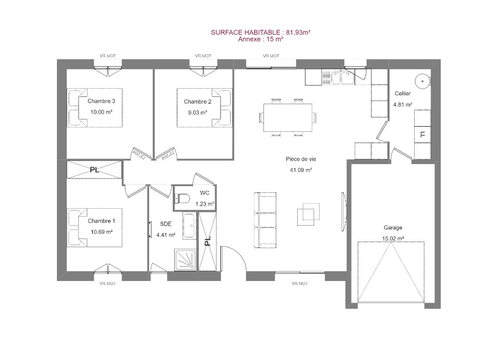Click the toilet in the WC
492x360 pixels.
[x=182, y=198]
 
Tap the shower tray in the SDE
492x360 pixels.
[x=186, y=259]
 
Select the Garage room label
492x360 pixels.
[x=393, y=228]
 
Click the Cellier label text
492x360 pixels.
[x=403, y=93]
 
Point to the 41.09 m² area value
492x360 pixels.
[x=301, y=170]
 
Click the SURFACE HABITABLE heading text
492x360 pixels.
[x=245, y=32]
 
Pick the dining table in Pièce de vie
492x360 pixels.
[x=288, y=117]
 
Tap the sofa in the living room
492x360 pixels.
[x=265, y=220]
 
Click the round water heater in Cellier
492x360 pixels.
[x=422, y=82]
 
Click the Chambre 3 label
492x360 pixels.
[x=101, y=101]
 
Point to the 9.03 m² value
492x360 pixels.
[x=197, y=113]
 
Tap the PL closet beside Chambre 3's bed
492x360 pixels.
[x=94, y=170]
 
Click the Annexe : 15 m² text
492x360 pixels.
[x=260, y=39]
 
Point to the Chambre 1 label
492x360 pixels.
[x=101, y=221]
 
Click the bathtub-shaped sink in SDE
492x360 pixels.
[x=189, y=226]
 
